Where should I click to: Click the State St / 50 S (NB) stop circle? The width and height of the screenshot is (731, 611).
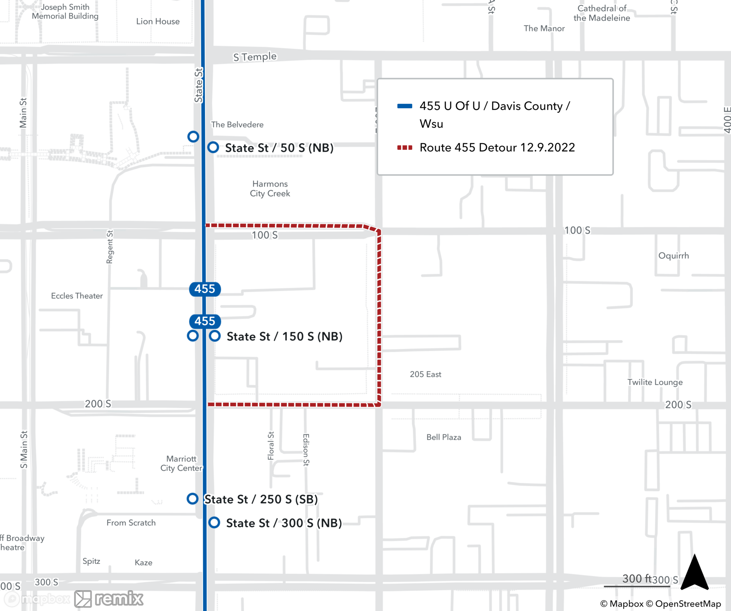[213, 147]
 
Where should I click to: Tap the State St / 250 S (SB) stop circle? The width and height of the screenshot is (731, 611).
[193, 498]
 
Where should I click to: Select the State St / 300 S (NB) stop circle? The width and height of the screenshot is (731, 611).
[214, 523]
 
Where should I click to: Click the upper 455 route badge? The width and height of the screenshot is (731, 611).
[205, 289]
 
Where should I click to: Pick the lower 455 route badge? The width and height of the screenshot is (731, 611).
[205, 321]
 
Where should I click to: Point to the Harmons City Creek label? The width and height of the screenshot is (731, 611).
[270, 189]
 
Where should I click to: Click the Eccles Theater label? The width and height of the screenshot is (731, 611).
[77, 296]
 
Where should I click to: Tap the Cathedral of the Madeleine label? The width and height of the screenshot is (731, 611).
[602, 13]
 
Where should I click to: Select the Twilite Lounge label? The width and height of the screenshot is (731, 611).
[655, 382]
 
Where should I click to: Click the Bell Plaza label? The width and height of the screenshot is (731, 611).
[444, 437]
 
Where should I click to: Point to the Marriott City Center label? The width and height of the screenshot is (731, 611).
[181, 463]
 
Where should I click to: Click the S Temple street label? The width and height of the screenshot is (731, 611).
[255, 57]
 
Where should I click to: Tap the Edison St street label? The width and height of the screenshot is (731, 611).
[306, 450]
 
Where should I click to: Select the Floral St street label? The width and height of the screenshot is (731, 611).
[271, 446]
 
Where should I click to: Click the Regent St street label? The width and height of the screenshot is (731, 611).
[110, 247]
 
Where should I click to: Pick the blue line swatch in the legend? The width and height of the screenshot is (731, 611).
[405, 106]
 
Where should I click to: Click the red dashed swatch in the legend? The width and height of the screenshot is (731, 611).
[405, 148]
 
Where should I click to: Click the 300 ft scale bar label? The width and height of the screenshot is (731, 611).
[637, 578]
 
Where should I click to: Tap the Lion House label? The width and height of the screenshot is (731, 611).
[158, 22]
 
